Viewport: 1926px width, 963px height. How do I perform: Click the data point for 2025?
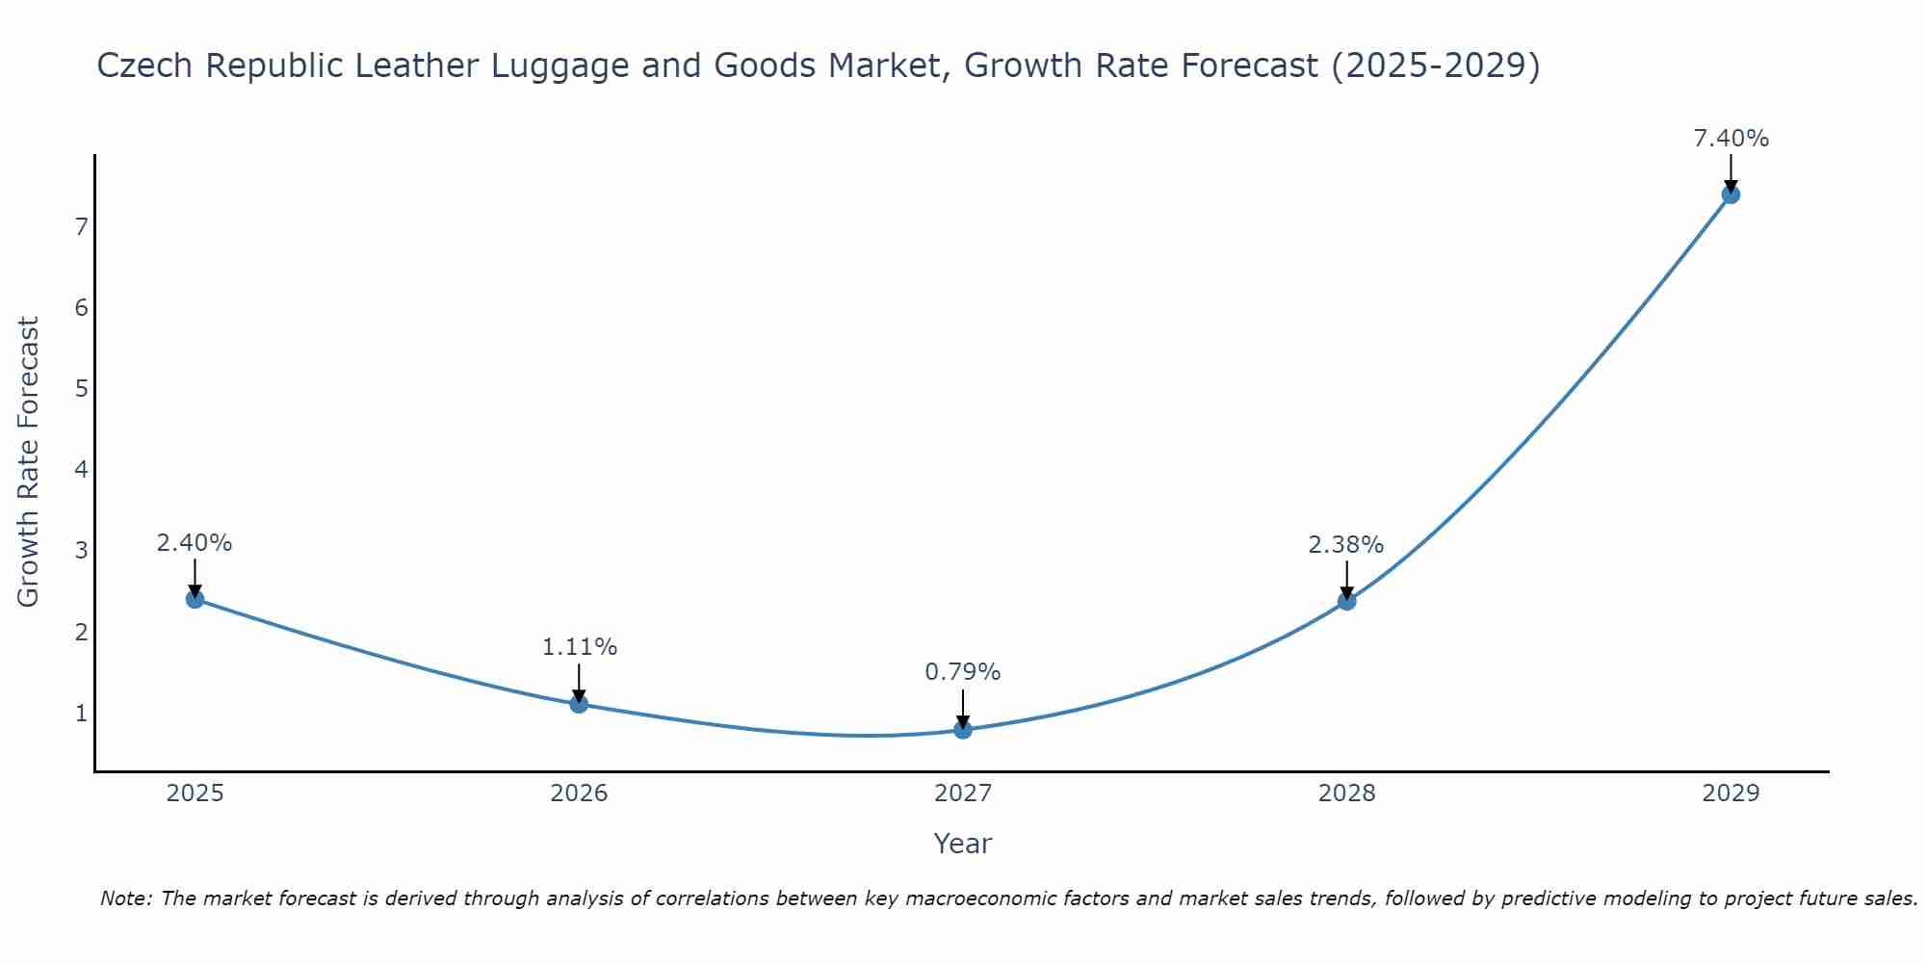[x=195, y=599]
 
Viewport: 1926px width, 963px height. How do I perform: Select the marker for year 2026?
[x=579, y=704]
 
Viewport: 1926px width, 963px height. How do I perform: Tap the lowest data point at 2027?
[x=963, y=730]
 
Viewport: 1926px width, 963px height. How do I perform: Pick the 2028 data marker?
[x=1346, y=601]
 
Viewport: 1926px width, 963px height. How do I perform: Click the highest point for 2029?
[x=1731, y=195]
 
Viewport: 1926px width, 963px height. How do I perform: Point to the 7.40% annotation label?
[x=1731, y=139]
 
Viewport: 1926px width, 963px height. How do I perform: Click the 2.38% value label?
[x=1345, y=545]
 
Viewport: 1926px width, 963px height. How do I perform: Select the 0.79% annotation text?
[x=962, y=672]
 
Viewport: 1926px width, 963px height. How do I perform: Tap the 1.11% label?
[x=579, y=647]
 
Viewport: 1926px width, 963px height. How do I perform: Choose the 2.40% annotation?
[x=195, y=543]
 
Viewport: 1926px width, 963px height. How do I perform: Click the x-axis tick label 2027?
[x=962, y=794]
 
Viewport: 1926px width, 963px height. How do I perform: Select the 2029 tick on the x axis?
[x=1731, y=794]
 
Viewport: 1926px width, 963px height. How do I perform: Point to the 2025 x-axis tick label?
[x=195, y=794]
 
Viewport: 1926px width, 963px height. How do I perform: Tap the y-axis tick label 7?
[x=81, y=227]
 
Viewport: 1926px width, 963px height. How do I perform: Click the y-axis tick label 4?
[x=81, y=470]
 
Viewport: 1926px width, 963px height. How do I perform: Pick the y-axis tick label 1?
[x=81, y=714]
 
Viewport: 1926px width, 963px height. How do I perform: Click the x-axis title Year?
[x=962, y=844]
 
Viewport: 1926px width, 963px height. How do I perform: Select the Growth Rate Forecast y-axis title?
[x=29, y=462]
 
